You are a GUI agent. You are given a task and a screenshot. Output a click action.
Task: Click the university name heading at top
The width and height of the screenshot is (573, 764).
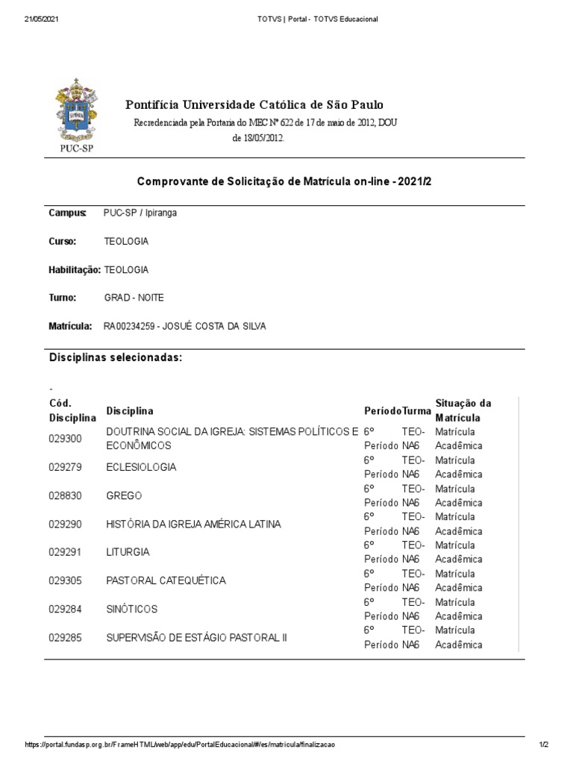[254, 104]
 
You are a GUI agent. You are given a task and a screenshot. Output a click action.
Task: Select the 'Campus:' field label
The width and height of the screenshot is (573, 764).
[67, 213]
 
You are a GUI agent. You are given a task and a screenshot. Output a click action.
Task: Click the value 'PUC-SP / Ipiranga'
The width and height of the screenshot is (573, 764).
[140, 213]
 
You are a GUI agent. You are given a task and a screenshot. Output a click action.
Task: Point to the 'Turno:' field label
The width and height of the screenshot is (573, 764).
[63, 298]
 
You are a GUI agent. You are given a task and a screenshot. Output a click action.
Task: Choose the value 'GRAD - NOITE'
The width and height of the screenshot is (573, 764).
[134, 298]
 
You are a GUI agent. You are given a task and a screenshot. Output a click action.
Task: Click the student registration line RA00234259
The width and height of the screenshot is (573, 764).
[184, 326]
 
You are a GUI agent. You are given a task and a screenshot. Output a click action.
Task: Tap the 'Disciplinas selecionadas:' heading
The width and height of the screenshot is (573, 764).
[116, 358]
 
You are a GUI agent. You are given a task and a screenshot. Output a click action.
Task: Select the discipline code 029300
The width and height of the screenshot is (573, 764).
[65, 439]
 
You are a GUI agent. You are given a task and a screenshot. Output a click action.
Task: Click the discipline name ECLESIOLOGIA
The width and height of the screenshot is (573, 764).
[141, 467]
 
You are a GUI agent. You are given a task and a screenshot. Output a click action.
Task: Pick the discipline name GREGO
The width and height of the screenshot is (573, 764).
[124, 495]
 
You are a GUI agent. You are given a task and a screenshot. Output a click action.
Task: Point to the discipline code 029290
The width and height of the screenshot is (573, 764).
[65, 524]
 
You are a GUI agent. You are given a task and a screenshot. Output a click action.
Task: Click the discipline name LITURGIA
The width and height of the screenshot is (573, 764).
[128, 552]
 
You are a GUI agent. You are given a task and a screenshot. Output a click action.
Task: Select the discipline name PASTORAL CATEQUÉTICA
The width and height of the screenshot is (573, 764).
[166, 580]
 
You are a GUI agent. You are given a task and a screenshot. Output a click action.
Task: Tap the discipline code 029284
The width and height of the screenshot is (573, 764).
[65, 609]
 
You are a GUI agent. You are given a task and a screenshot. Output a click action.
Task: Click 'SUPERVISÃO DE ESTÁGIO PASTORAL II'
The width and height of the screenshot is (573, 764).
[196, 638]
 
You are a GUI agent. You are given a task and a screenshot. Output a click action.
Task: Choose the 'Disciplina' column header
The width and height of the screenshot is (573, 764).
[130, 411]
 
